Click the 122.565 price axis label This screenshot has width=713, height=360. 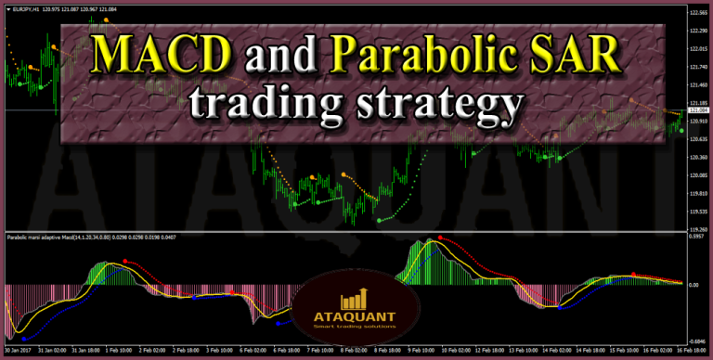(x=697, y=12)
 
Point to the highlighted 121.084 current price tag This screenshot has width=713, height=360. (x=697, y=110)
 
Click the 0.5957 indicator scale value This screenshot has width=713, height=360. (x=698, y=237)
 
